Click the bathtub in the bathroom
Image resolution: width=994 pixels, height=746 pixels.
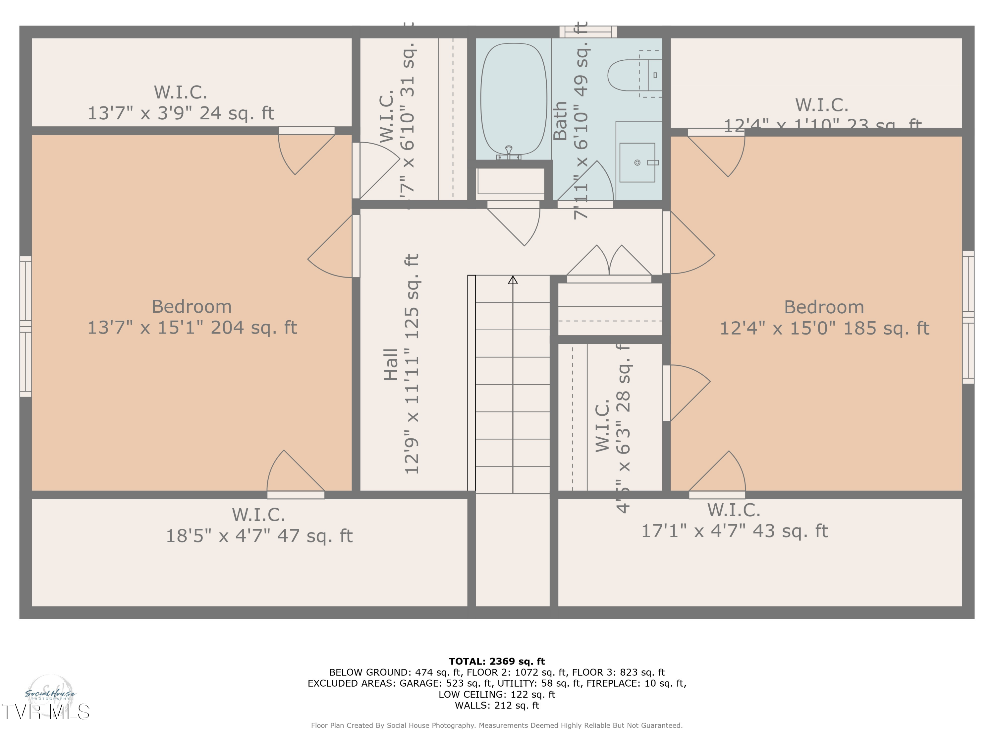(x=513, y=99)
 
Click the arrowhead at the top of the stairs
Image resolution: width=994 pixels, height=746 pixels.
(x=513, y=280)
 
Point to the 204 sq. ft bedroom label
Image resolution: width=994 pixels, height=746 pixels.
(x=192, y=317)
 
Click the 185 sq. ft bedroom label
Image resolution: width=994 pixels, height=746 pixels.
(x=824, y=318)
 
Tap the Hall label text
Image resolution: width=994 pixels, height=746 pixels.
(x=391, y=364)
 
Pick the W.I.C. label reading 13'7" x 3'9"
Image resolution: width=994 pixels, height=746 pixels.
(x=181, y=102)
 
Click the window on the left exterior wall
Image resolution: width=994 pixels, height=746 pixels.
(x=26, y=327)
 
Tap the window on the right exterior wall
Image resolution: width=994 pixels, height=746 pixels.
(x=968, y=317)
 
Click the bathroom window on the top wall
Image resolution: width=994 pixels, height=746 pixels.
(x=588, y=31)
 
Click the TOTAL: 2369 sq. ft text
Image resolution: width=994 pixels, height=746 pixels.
(x=497, y=661)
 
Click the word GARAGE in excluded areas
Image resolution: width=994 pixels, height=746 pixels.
(x=419, y=683)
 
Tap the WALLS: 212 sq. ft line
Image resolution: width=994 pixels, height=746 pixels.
(x=497, y=705)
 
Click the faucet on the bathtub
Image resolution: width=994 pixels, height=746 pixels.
(x=509, y=152)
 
